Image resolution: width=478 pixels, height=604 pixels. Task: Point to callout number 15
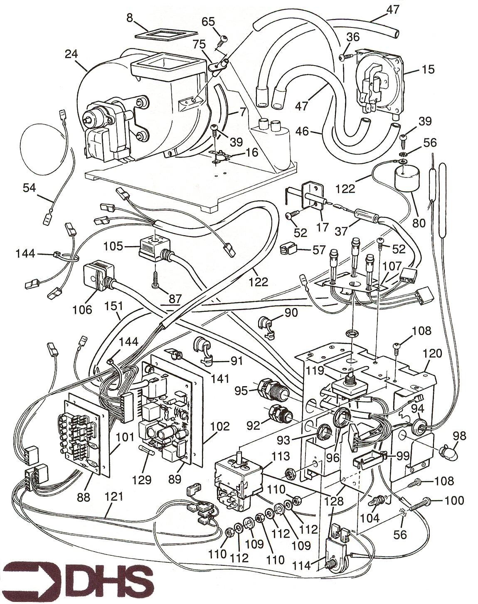click(428, 69)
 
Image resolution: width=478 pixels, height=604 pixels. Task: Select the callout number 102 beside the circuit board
click(220, 426)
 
